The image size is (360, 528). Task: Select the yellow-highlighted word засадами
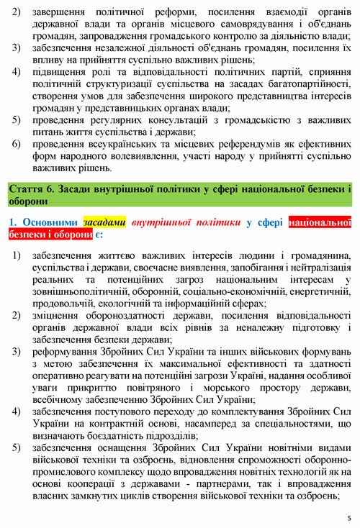(105, 223)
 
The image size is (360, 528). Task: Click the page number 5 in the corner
(348, 516)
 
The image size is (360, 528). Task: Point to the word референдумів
(222, 145)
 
